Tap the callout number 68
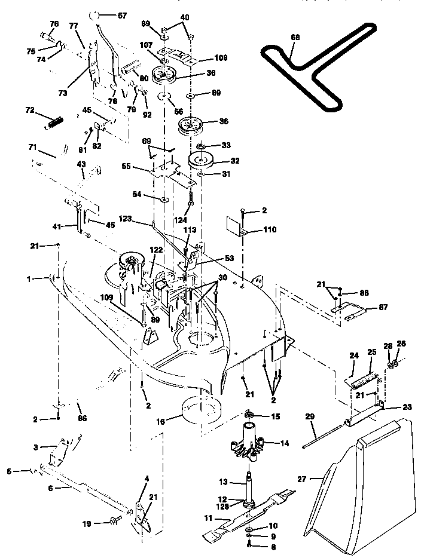point(294,38)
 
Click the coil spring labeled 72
point(54,122)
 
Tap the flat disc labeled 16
point(202,410)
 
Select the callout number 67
point(121,15)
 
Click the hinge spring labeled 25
point(364,379)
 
